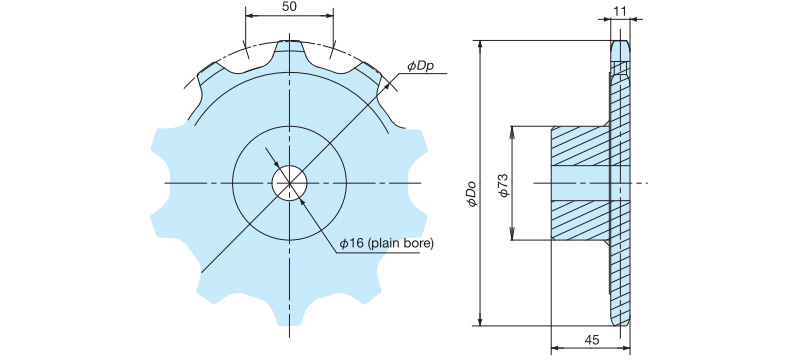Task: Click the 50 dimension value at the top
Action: pos(289,7)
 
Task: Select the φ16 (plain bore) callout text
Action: pos(387,244)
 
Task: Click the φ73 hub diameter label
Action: pos(504,185)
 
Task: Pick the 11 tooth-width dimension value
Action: pos(620,10)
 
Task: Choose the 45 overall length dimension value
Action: pos(592,340)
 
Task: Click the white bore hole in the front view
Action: pos(289,183)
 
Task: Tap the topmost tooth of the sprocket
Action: pos(289,50)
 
